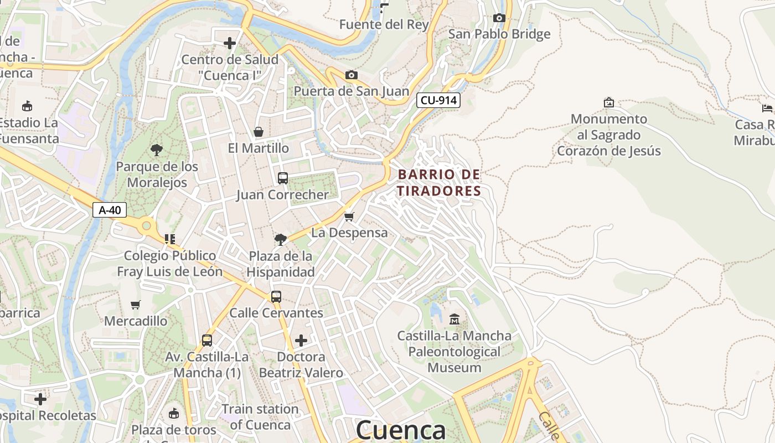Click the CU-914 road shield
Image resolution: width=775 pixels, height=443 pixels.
point(438,100)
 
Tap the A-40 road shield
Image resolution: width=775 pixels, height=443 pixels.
point(110,210)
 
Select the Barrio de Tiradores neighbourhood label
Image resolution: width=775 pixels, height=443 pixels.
point(439,183)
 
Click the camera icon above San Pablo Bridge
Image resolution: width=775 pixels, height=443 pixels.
point(499,18)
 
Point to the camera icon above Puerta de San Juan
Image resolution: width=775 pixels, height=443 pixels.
point(351,75)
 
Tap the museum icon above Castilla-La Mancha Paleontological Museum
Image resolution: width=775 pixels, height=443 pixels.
point(454,319)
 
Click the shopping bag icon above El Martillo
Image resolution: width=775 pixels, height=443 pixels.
point(258,132)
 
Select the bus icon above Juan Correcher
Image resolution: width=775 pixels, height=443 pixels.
point(282,178)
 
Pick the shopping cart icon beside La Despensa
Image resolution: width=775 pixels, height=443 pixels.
point(349,217)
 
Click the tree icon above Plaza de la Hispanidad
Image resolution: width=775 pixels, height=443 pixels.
point(281,240)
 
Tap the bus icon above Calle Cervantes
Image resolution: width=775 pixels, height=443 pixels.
point(276,297)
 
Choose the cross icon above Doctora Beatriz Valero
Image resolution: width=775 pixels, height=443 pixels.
point(301,340)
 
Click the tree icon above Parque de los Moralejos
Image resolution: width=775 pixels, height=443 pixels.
point(157,150)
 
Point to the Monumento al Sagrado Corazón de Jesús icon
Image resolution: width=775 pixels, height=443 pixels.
point(609,102)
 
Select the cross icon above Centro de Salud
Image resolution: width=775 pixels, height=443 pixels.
point(230,43)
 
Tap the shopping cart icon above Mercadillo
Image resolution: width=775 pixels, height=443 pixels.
point(136,305)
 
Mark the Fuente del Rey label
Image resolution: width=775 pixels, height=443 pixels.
point(384,24)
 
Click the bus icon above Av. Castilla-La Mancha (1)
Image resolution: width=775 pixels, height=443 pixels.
point(207,341)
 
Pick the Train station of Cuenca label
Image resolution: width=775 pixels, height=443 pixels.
point(260,417)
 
